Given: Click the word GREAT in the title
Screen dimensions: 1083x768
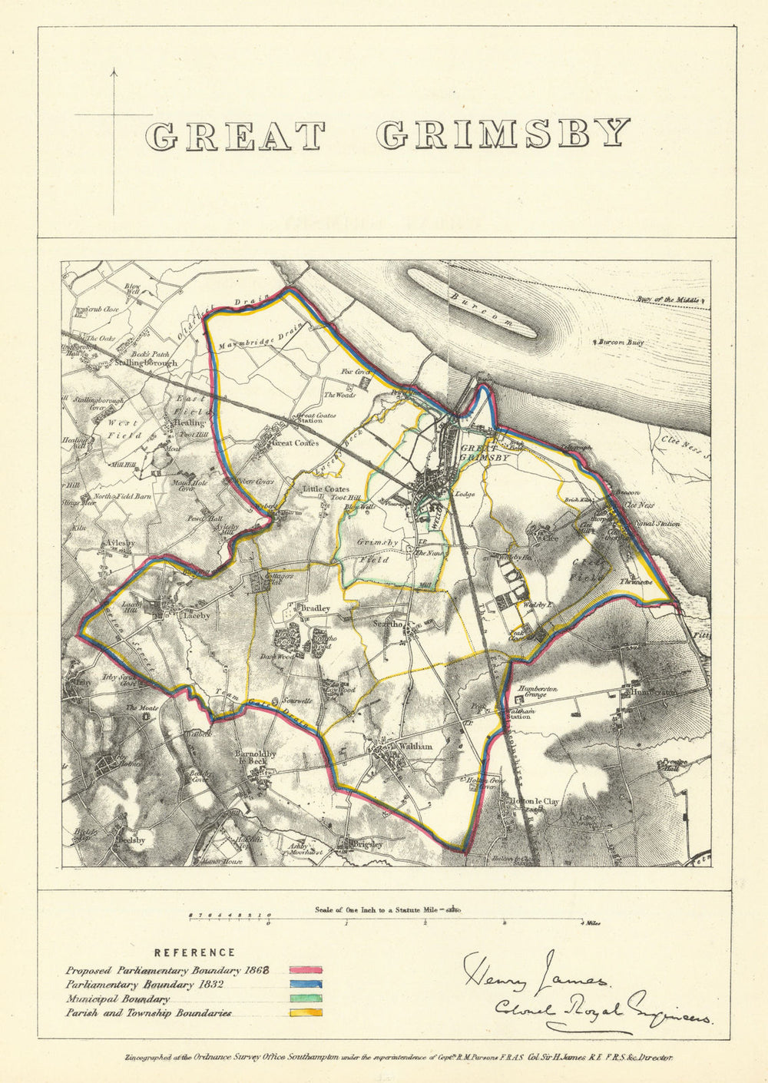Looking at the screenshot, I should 235,136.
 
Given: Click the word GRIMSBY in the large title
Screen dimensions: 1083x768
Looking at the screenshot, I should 503,134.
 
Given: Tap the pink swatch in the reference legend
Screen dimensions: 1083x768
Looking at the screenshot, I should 306,970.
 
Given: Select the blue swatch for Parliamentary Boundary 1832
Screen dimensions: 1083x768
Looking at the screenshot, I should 306,985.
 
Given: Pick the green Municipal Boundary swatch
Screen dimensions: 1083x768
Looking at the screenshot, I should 306,999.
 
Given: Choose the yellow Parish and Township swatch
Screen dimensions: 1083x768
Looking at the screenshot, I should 306,1013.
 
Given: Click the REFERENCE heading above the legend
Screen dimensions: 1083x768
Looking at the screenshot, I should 194,953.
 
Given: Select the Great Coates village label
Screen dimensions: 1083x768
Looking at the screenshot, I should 295,442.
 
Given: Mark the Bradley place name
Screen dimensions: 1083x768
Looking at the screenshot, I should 315,608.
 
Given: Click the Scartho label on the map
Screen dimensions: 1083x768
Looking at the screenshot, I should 388,624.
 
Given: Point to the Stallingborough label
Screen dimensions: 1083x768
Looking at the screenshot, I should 146,363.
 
